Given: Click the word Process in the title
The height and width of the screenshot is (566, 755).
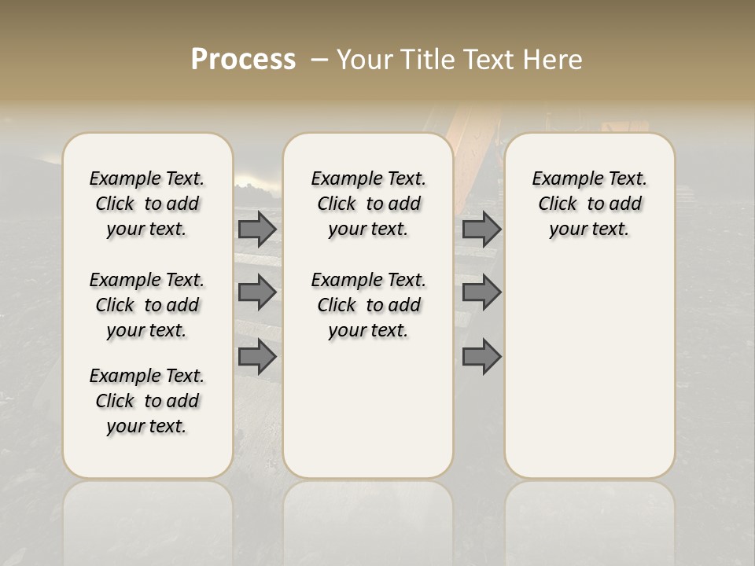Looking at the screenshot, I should pyautogui.click(x=243, y=60).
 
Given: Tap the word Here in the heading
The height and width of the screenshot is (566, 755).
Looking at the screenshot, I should pyautogui.click(x=554, y=60).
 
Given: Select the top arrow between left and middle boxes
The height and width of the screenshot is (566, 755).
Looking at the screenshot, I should pyautogui.click(x=257, y=229).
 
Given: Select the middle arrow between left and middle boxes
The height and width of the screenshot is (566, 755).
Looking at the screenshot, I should pyautogui.click(x=257, y=293).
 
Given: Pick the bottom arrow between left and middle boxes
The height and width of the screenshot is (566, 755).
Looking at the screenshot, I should pyautogui.click(x=257, y=356).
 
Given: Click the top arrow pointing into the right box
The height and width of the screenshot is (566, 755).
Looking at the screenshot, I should pyautogui.click(x=481, y=229).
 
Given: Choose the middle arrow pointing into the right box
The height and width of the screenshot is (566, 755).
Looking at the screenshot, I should pyautogui.click(x=481, y=293).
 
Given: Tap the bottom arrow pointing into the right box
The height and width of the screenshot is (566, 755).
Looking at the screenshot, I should pyautogui.click(x=481, y=356).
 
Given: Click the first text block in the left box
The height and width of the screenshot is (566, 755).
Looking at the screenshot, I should pyautogui.click(x=147, y=204).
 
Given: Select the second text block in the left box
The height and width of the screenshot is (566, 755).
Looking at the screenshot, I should pyautogui.click(x=147, y=305).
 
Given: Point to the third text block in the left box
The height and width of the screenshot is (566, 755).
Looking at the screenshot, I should pyautogui.click(x=147, y=401).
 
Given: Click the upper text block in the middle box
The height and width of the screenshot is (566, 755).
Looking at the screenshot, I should pyautogui.click(x=368, y=204).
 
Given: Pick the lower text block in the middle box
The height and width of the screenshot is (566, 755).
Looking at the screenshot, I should pyautogui.click(x=368, y=305).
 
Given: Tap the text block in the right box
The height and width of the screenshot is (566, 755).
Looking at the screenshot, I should pyautogui.click(x=589, y=204).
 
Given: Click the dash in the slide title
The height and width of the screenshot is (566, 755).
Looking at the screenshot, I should pyautogui.click(x=319, y=60).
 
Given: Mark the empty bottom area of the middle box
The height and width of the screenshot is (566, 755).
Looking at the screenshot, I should pyautogui.click(x=368, y=417).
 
